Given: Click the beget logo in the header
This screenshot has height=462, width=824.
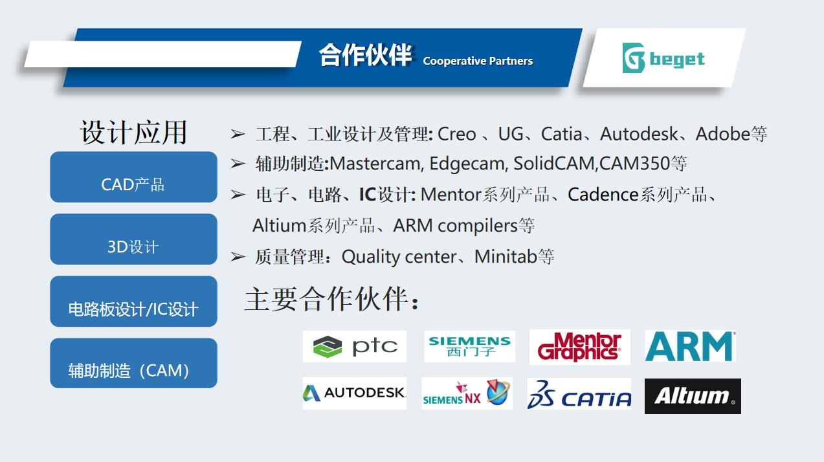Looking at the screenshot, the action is pyautogui.click(x=663, y=58).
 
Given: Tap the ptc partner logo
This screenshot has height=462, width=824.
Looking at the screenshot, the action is pyautogui.click(x=355, y=346).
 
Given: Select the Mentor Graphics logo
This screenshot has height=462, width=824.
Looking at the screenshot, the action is pyautogui.click(x=580, y=347).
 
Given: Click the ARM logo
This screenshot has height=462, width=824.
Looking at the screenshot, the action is pyautogui.click(x=690, y=346).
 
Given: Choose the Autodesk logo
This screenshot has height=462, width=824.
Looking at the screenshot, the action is pyautogui.click(x=355, y=393).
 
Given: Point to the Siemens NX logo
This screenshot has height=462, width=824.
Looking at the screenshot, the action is pyautogui.click(x=467, y=393).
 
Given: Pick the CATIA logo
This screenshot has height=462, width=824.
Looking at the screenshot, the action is pyautogui.click(x=579, y=394).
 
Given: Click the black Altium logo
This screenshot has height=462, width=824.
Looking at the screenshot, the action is pyautogui.click(x=693, y=396).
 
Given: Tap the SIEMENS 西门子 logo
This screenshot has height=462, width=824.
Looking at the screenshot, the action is pyautogui.click(x=469, y=346).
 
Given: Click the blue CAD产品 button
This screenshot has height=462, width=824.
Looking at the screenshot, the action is pyautogui.click(x=133, y=177).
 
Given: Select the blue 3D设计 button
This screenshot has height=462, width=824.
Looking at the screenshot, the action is pyautogui.click(x=133, y=239).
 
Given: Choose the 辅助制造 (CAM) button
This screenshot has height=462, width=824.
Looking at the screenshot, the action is pyautogui.click(x=133, y=363).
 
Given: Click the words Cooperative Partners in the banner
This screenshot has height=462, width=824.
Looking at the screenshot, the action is pyautogui.click(x=478, y=61).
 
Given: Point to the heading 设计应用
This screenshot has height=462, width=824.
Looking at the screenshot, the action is pyautogui.click(x=133, y=132).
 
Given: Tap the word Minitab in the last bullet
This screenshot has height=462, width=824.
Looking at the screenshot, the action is pyautogui.click(x=506, y=256).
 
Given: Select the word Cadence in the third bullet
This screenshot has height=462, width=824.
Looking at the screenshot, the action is pyautogui.click(x=603, y=195).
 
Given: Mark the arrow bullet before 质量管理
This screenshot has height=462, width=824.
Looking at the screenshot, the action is pyautogui.click(x=238, y=256).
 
